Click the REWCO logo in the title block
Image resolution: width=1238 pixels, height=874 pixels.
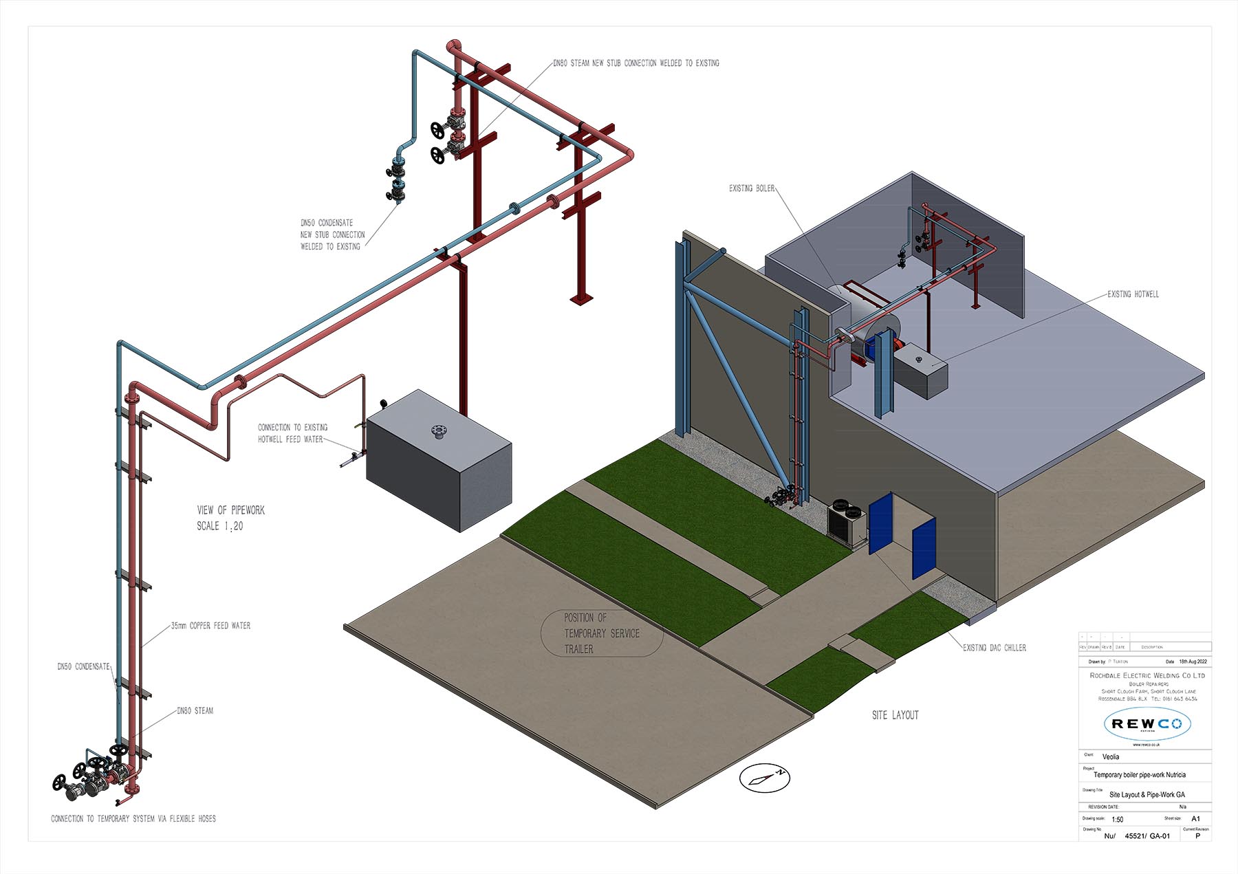click(x=1147, y=723)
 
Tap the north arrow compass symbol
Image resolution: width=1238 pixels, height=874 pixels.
click(x=764, y=778)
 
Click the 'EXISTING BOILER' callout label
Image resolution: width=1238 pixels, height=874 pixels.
click(x=752, y=188)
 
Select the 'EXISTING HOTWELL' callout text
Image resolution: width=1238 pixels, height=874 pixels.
click(x=1133, y=294)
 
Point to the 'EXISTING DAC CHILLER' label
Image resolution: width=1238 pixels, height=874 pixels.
click(x=994, y=648)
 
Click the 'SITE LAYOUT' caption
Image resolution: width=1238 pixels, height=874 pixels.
click(x=895, y=715)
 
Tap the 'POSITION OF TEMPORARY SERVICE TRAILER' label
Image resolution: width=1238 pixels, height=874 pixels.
click(x=601, y=633)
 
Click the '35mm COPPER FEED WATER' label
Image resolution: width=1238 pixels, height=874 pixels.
click(x=210, y=626)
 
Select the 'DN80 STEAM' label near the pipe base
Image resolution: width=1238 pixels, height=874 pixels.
click(x=195, y=711)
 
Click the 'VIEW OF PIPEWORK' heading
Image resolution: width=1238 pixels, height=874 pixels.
click(x=230, y=510)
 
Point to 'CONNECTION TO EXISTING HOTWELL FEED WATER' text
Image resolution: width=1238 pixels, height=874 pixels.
click(x=292, y=433)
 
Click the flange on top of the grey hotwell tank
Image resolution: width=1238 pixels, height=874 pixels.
click(x=437, y=431)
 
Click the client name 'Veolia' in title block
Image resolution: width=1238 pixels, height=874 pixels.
click(x=1111, y=756)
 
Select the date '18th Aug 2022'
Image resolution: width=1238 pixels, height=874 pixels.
click(x=1193, y=662)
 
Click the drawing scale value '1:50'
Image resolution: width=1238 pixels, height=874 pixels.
click(x=1117, y=819)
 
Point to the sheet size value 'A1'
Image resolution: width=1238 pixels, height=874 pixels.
click(x=1195, y=818)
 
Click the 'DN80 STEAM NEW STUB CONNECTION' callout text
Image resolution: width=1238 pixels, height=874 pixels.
click(x=636, y=63)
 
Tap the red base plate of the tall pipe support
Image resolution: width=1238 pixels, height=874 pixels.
click(x=581, y=298)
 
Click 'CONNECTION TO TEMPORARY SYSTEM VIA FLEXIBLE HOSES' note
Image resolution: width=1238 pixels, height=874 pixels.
click(x=133, y=819)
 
